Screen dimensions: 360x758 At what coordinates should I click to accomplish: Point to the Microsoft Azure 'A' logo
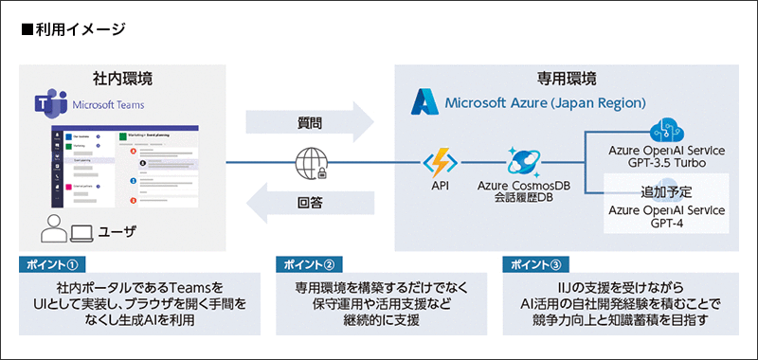point(424,101)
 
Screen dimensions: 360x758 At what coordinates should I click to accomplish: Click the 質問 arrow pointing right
point(309,123)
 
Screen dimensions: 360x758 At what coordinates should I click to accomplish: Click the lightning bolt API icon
point(440,162)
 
